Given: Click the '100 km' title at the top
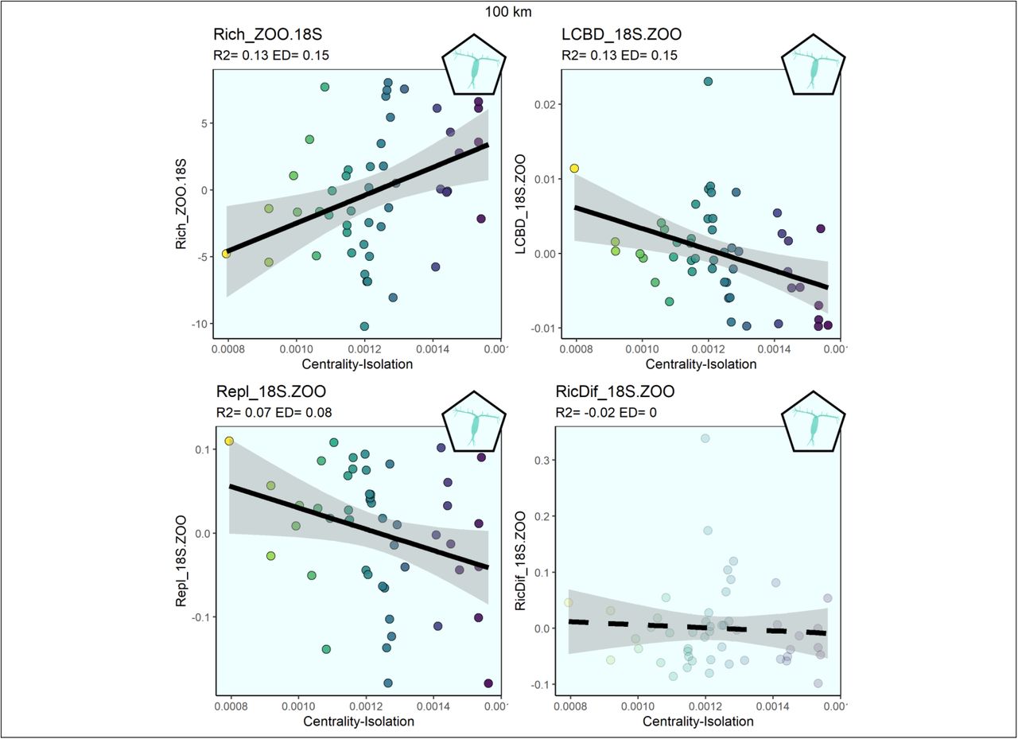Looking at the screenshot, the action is coord(508,12).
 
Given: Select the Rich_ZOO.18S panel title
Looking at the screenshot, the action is coord(268,34).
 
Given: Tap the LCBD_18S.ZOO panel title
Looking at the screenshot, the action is coord(621,34).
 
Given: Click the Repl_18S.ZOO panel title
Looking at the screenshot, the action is coord(271,391).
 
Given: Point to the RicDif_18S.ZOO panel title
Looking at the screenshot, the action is coord(615,391).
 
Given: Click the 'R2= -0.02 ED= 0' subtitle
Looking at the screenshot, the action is coord(606,413).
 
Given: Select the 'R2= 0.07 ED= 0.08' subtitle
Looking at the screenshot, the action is coord(274,413).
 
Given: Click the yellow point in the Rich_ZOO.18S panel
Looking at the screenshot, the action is coord(226,254).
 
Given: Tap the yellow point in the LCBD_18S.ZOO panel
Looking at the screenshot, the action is coord(574,169).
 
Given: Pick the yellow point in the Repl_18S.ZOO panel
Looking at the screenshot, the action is coord(229,441).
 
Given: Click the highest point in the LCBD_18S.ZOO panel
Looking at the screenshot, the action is coord(708,82).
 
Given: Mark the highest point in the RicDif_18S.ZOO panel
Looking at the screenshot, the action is coord(705,438).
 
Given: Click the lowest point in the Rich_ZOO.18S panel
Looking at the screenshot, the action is coord(364,326).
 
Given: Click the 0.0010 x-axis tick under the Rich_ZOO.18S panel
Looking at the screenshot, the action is coord(297,349).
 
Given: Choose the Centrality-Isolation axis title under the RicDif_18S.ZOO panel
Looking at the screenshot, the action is coord(698,721).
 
